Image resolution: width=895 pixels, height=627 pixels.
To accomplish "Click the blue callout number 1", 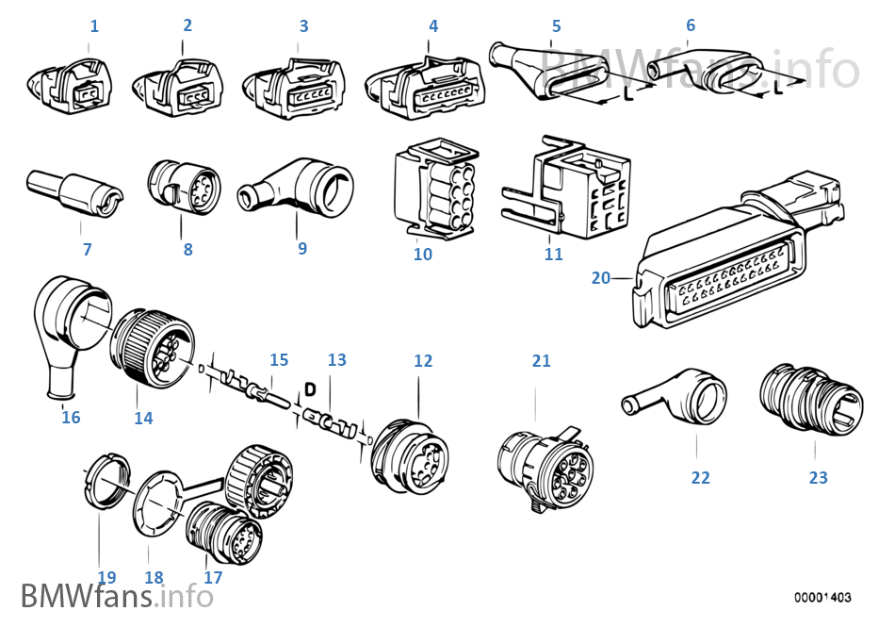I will point(93,25).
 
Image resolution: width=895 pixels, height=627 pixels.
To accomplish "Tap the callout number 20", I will point(601,277).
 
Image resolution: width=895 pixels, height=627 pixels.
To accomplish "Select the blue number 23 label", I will point(818,478).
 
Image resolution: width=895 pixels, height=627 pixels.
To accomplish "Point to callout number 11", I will point(553,254).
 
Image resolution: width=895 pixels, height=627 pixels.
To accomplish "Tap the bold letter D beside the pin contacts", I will point(309,388).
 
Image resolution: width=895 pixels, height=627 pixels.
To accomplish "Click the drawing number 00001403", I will point(822,597).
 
